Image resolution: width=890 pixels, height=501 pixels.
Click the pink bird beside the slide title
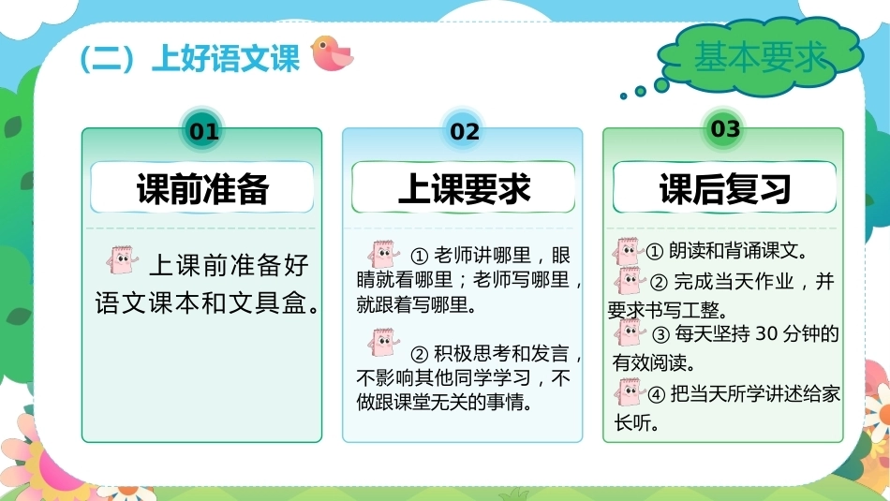332,53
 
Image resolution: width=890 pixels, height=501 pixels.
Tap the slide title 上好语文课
226,58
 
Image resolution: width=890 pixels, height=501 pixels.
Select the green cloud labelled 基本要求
761,57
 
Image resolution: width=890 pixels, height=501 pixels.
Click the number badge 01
203,132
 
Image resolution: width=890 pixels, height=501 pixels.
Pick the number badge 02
464,132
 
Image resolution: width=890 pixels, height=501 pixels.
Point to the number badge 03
725,129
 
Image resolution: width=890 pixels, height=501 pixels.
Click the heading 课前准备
202,188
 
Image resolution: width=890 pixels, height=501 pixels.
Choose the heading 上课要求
464,188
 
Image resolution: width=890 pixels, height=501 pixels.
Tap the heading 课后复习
725,188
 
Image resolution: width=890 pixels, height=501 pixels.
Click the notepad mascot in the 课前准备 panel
122,259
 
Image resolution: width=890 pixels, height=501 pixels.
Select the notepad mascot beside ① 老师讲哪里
383,254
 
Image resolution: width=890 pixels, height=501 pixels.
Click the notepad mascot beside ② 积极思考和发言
383,342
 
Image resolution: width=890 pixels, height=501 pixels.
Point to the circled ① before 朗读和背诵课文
655,251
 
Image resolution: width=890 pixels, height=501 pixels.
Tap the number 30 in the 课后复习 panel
766,333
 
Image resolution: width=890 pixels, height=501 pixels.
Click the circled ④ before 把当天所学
656,394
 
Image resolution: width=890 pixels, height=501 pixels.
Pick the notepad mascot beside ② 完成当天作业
629,280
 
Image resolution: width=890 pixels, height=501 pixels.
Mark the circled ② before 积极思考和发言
419,355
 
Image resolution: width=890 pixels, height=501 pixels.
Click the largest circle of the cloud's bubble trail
661,85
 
